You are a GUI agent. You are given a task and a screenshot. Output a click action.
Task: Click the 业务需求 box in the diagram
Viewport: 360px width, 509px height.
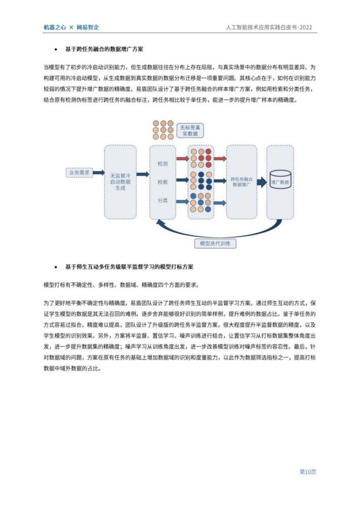(x=79, y=173)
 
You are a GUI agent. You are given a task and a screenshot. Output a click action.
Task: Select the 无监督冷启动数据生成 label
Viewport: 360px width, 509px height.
(x=120, y=182)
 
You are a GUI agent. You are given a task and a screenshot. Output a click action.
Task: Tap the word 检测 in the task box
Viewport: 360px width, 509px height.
(x=163, y=164)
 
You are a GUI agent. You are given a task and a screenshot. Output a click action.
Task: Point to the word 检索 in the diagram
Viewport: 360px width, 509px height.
(x=163, y=182)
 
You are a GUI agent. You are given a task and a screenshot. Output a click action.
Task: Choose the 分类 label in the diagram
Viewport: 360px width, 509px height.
(x=163, y=200)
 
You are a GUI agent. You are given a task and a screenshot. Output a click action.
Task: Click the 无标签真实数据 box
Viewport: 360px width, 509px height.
(x=190, y=130)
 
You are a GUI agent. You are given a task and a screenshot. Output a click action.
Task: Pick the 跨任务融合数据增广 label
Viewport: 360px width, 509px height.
(x=241, y=182)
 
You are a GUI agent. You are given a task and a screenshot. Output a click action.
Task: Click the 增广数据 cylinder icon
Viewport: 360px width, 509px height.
(x=280, y=179)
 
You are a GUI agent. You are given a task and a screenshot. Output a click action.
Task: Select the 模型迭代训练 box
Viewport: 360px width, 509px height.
(x=215, y=243)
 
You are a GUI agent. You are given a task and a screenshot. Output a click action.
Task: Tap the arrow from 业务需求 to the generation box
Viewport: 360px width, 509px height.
(x=99, y=173)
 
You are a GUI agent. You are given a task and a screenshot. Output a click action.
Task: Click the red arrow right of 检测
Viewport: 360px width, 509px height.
(x=183, y=159)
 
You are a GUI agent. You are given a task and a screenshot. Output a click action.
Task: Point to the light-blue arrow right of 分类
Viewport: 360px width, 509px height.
(x=183, y=202)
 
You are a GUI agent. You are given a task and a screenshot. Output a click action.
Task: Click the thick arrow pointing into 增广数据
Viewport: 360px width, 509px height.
(x=262, y=182)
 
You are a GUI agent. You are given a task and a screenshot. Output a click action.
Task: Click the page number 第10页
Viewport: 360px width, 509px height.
(x=308, y=471)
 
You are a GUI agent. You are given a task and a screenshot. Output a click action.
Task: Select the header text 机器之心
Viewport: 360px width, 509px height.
(x=55, y=27)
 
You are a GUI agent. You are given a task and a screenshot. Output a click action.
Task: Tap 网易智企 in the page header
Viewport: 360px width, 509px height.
(x=88, y=27)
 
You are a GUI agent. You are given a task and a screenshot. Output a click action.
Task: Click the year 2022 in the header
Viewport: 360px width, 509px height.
(x=306, y=27)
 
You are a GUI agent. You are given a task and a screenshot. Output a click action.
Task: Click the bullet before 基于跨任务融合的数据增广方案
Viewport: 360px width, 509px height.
(x=56, y=49)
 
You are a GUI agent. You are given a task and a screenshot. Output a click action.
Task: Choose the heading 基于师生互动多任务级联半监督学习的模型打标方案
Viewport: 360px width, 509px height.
(x=129, y=267)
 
